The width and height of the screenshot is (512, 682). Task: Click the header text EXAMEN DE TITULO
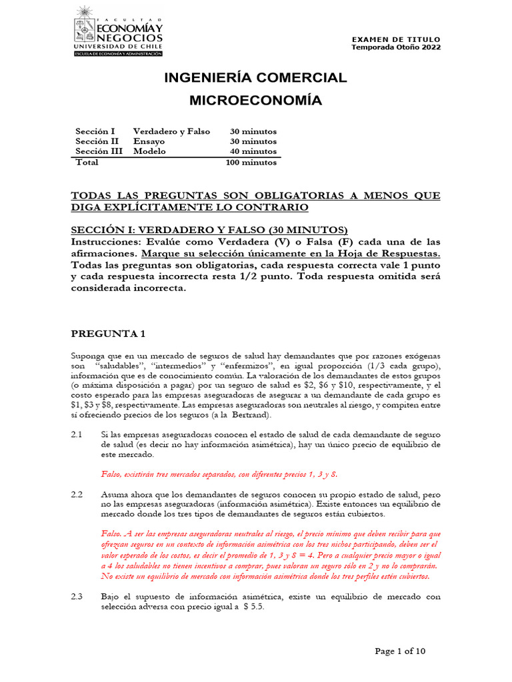pos(396,39)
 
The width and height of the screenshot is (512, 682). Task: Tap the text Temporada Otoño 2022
pos(396,47)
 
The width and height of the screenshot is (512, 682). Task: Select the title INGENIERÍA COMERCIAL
pos(256,78)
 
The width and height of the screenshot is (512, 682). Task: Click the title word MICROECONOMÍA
pos(256,101)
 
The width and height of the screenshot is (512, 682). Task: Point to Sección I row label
pos(95,131)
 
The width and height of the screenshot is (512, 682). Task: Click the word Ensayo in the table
pos(149,141)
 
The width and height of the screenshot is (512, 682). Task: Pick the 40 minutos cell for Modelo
pos(253,151)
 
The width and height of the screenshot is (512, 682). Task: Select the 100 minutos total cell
pos(251,162)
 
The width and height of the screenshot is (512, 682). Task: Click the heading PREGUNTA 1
pos(107,333)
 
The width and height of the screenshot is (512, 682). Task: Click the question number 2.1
pos(77,434)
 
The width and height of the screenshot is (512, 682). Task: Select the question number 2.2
pos(77,495)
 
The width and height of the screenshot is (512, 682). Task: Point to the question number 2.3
pos(77,597)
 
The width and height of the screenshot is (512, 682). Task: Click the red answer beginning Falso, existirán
pos(219,474)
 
